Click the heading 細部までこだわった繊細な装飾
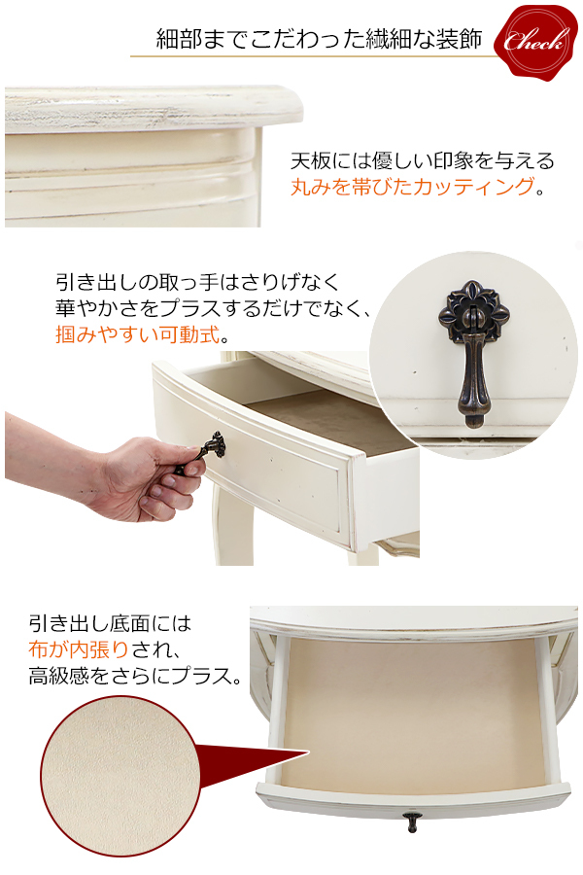point(319,40)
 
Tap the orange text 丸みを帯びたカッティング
point(413,188)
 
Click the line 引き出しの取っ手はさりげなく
point(197,283)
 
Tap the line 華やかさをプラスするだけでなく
point(214,310)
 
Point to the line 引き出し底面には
point(110,622)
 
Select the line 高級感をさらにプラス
point(135,675)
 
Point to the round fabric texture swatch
point(116,778)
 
